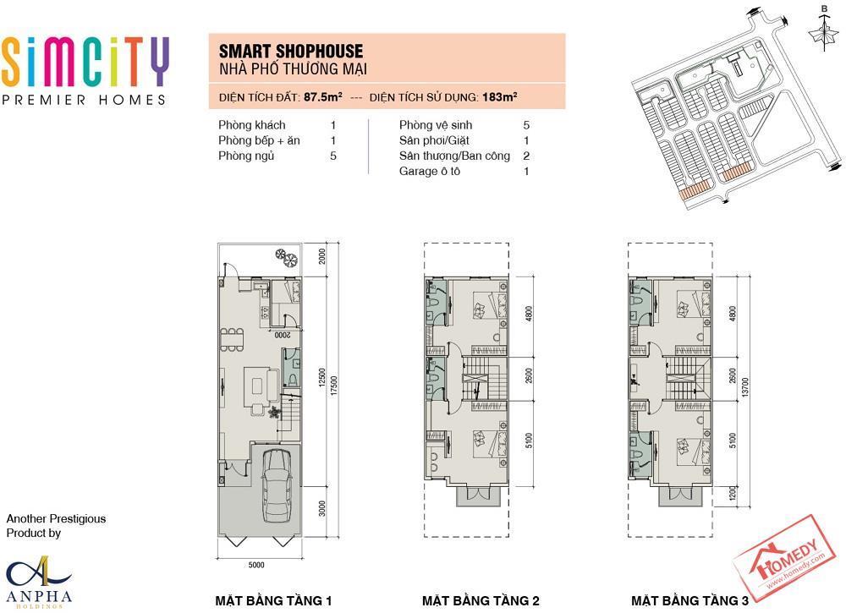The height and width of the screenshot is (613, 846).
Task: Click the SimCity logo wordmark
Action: coord(85,62)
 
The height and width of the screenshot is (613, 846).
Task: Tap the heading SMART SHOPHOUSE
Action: coord(291,52)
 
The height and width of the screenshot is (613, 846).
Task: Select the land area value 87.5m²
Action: coord(322,97)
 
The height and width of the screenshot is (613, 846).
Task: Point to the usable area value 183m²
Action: coord(500,97)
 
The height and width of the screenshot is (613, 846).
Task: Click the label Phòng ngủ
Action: coord(246,156)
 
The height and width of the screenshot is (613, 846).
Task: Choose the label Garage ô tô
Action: coord(430,172)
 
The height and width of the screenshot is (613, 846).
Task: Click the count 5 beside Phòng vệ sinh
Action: coord(526,125)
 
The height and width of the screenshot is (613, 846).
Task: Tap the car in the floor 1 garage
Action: coord(276,485)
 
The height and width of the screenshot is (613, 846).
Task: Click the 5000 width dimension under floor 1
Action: coord(256,565)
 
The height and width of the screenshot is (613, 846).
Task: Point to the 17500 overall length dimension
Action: coord(334,386)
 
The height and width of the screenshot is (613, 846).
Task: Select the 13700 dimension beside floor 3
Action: coord(745,387)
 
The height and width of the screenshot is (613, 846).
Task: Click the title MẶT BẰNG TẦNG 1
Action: coord(273,600)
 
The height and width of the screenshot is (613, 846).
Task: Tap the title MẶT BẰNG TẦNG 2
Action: coord(481,600)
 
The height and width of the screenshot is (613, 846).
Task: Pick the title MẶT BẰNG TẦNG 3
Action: coord(689,600)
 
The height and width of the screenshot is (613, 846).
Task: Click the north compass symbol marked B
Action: coord(823,29)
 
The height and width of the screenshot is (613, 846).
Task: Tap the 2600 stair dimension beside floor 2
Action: coord(529,375)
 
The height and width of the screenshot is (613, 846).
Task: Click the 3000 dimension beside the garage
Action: coord(322,508)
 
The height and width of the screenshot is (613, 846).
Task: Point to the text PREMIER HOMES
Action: coord(84,100)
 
